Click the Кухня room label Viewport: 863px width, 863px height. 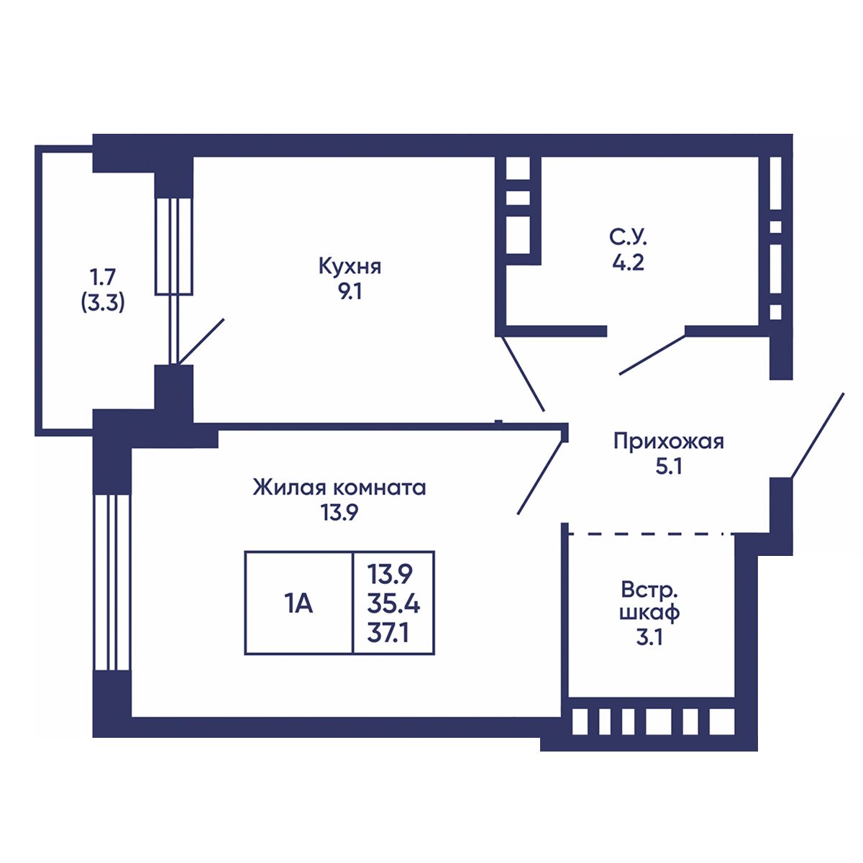350,267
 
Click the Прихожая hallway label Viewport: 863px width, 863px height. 668,441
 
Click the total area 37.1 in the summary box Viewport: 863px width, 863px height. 393,634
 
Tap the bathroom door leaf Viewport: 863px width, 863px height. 652,355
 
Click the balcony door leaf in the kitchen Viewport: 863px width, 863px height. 201,341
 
